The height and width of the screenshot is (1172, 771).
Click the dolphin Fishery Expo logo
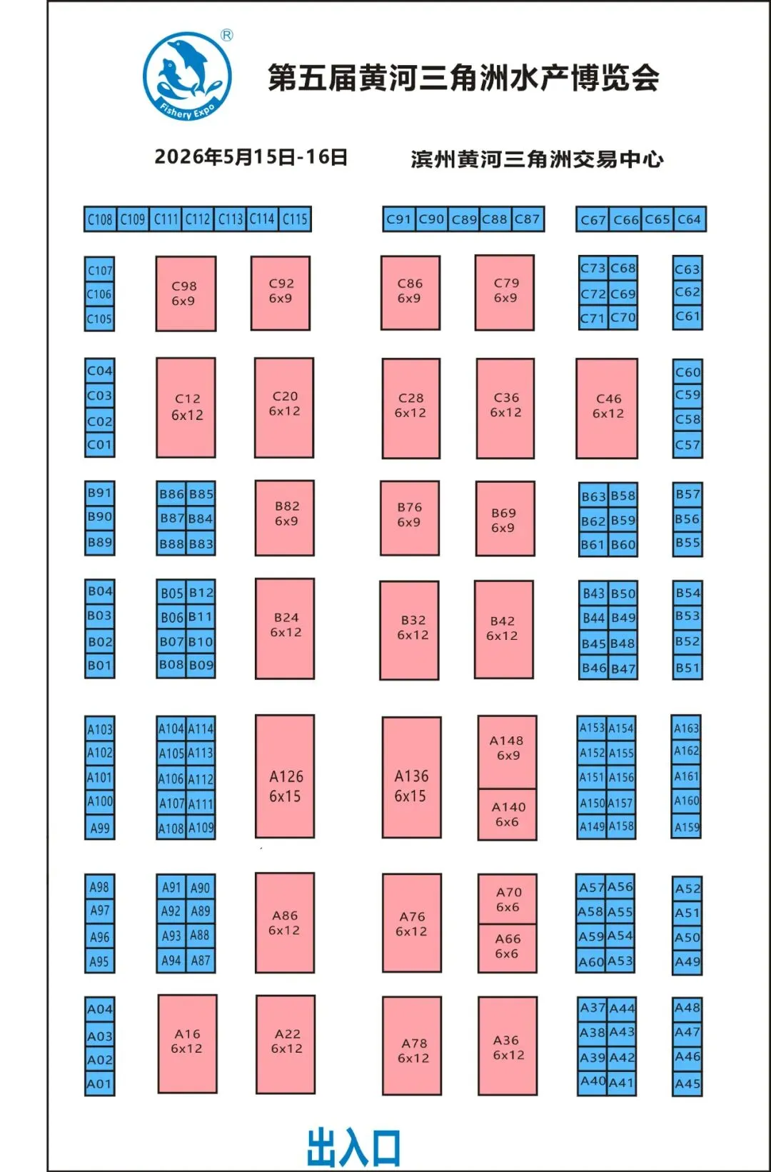(x=188, y=75)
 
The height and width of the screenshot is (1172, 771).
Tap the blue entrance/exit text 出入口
(x=353, y=1147)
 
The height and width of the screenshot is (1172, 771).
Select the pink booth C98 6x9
(x=186, y=294)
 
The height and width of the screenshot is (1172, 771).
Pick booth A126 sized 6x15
(x=285, y=776)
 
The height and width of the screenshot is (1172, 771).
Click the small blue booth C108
(x=100, y=219)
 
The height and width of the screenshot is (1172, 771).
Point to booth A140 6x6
(x=508, y=814)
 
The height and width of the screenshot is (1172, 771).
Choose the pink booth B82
(x=285, y=518)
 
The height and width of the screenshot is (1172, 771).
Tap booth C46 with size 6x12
(x=607, y=408)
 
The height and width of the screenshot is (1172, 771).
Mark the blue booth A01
(x=99, y=1084)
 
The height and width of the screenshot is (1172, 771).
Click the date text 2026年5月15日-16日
(x=251, y=157)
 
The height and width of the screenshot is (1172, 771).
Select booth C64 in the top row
(x=689, y=219)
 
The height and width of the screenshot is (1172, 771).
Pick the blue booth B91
(x=99, y=493)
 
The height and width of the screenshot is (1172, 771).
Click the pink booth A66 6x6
(x=507, y=947)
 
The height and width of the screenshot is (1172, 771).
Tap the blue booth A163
(x=686, y=728)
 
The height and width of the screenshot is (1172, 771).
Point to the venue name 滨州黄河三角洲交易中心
(x=537, y=159)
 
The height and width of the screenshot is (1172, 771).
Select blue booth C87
(x=528, y=219)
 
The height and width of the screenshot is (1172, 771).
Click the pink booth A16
(x=187, y=1043)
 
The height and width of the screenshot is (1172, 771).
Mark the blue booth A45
(x=687, y=1084)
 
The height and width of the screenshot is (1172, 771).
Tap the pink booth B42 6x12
(x=503, y=629)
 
